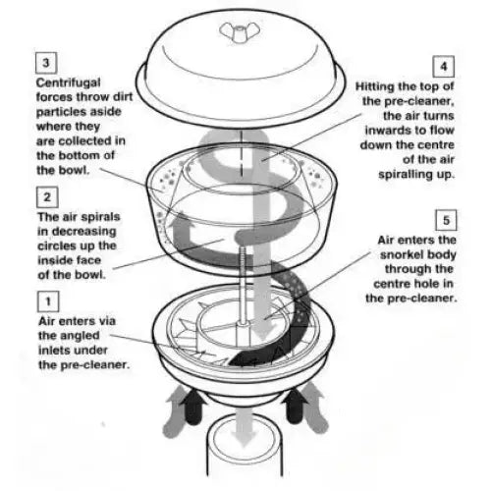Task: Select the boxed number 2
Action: (45, 196)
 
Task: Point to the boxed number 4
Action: (445, 68)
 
